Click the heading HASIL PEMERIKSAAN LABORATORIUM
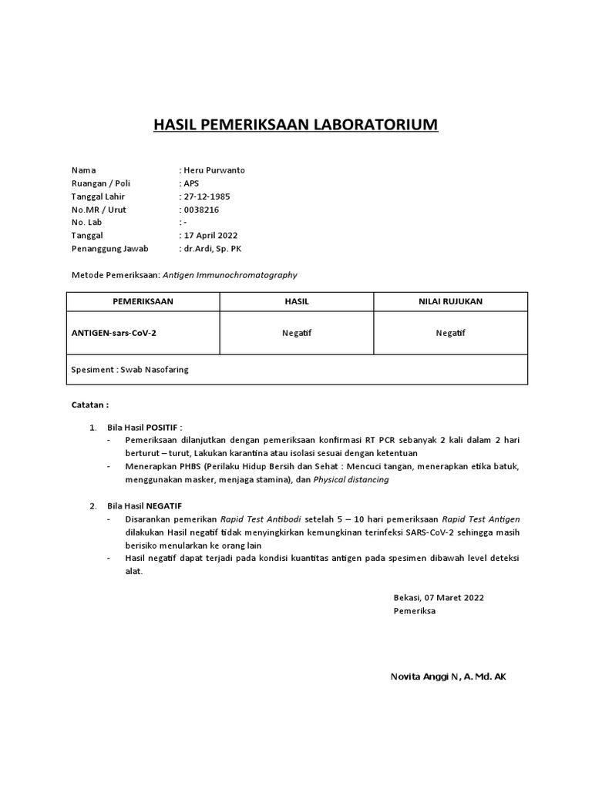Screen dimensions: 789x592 coord(296,125)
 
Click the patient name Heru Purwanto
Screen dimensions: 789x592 coord(214,170)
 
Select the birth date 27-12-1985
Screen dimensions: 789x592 coord(207,196)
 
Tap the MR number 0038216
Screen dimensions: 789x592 coord(201,210)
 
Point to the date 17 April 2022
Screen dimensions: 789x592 coord(209,236)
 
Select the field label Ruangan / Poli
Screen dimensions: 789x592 coord(100,183)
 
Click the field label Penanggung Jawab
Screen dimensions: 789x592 coord(110,249)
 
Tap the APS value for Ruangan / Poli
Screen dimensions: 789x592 coord(190,183)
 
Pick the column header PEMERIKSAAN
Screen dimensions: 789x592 coord(143,301)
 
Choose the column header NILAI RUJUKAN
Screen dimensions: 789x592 coord(450,301)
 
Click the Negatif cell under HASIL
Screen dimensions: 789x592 coord(297,333)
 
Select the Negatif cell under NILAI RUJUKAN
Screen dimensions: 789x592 coord(450,333)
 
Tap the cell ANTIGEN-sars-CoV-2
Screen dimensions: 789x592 coord(118,333)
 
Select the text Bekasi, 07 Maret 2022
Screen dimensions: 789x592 coord(439,597)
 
